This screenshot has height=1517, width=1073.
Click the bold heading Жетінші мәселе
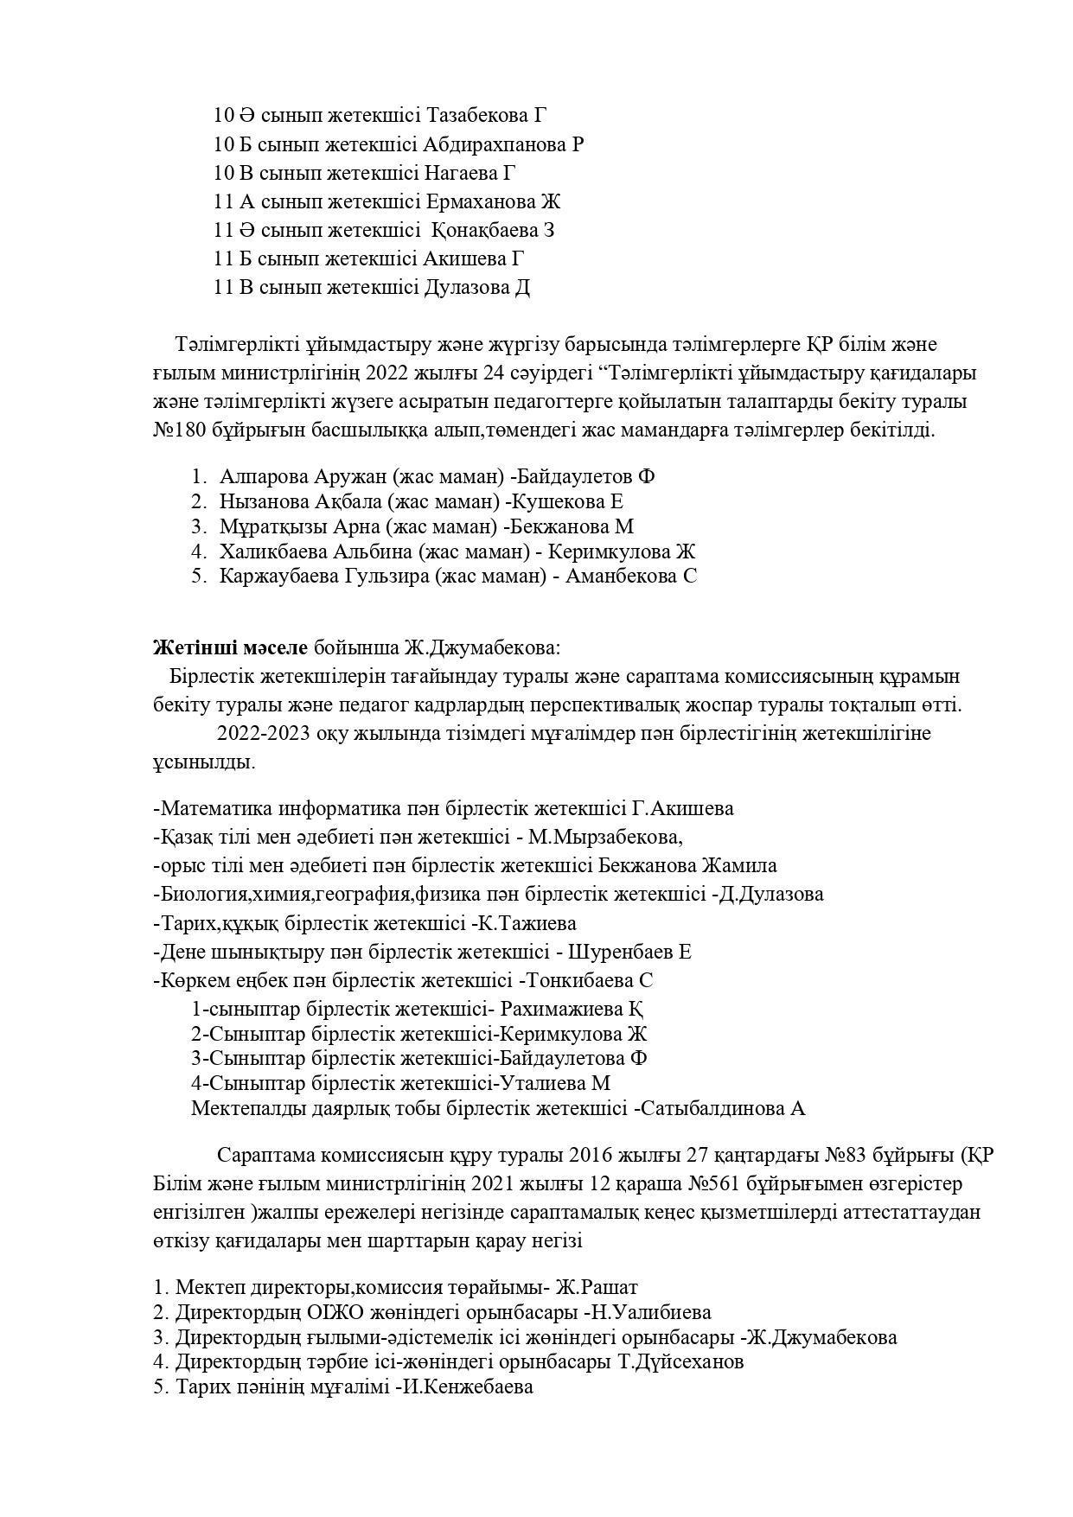tap(230, 647)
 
